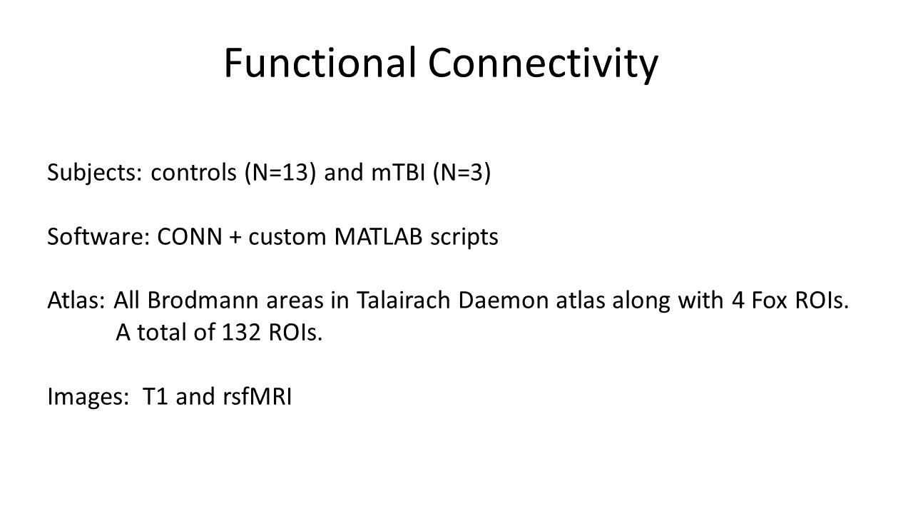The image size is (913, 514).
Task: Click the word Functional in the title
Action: pyautogui.click(x=320, y=63)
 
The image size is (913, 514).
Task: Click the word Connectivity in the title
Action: pyautogui.click(x=543, y=63)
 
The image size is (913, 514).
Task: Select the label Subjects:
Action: pyautogui.click(x=95, y=173)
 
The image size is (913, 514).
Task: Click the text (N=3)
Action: pyautogui.click(x=461, y=173)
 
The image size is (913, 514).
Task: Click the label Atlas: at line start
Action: pyautogui.click(x=76, y=301)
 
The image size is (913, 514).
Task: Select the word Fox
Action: pyautogui.click(x=767, y=301)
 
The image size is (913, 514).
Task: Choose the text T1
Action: pyautogui.click(x=155, y=396)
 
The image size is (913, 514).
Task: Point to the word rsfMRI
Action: pyautogui.click(x=253, y=396)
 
